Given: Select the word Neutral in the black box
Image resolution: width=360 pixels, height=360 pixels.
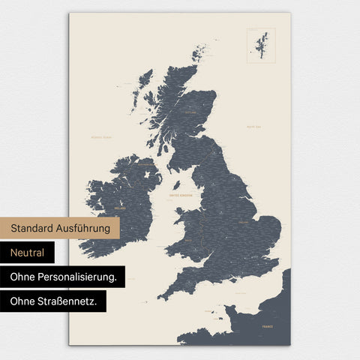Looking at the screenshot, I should pos(28,253).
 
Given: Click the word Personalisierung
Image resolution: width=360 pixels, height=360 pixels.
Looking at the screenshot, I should pos(79,277).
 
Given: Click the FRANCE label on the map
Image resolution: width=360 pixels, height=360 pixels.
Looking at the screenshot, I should pos(267,327).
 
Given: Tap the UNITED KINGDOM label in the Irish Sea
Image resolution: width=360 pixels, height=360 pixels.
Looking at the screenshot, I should pos(181,195).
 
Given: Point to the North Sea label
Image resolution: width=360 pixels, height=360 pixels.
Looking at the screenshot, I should pos(253,127).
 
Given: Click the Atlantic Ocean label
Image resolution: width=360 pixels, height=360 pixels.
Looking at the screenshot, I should pos(100,137).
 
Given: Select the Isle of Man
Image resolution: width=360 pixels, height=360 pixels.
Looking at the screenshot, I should pos(176,184).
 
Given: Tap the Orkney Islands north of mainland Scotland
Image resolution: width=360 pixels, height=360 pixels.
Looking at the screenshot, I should pos(199,53).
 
